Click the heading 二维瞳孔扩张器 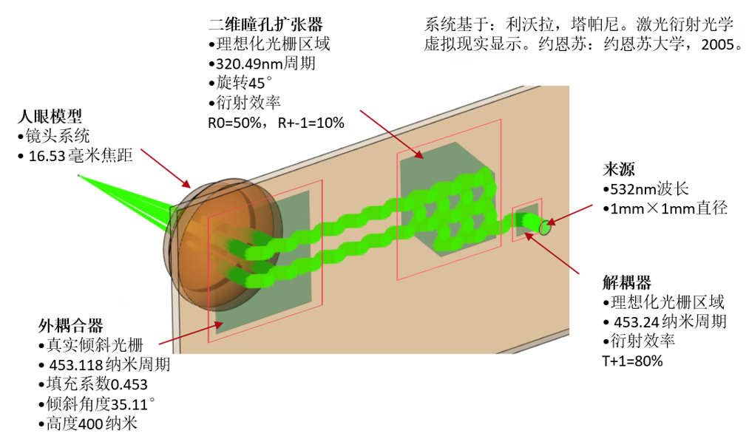coord(265,24)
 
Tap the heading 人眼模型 coord(50,116)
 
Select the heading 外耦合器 coord(71,326)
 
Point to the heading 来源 coord(619,169)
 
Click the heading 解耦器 coord(627,283)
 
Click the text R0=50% coord(234,123)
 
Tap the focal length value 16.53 coord(47,156)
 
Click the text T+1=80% coord(632,361)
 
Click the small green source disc coord(545,227)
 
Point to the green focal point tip coord(79,176)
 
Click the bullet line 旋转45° coord(240,83)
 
